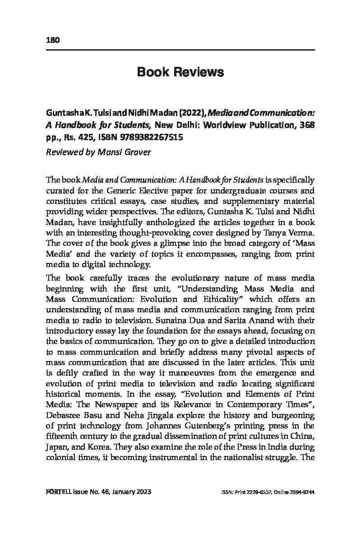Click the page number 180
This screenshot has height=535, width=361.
point(53,40)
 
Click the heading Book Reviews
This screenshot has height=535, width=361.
point(180,72)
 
